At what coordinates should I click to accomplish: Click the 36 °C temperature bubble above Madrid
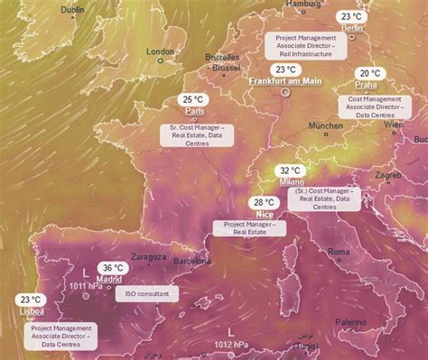(x=113, y=268)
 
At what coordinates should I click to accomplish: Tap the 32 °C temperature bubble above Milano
(x=291, y=171)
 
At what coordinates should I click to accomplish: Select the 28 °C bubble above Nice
(x=265, y=203)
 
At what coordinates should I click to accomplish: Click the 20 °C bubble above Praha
(x=369, y=74)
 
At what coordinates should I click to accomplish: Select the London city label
(x=160, y=51)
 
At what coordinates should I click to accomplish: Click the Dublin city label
(x=73, y=10)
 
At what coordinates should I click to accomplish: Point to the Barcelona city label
(x=191, y=261)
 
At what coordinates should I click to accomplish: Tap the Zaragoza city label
(x=147, y=256)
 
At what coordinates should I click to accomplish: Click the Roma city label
(x=339, y=253)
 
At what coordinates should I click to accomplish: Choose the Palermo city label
(x=351, y=321)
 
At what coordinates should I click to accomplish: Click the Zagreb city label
(x=388, y=174)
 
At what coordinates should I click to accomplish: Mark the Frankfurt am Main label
(x=285, y=81)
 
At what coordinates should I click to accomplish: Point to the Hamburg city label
(x=302, y=5)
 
